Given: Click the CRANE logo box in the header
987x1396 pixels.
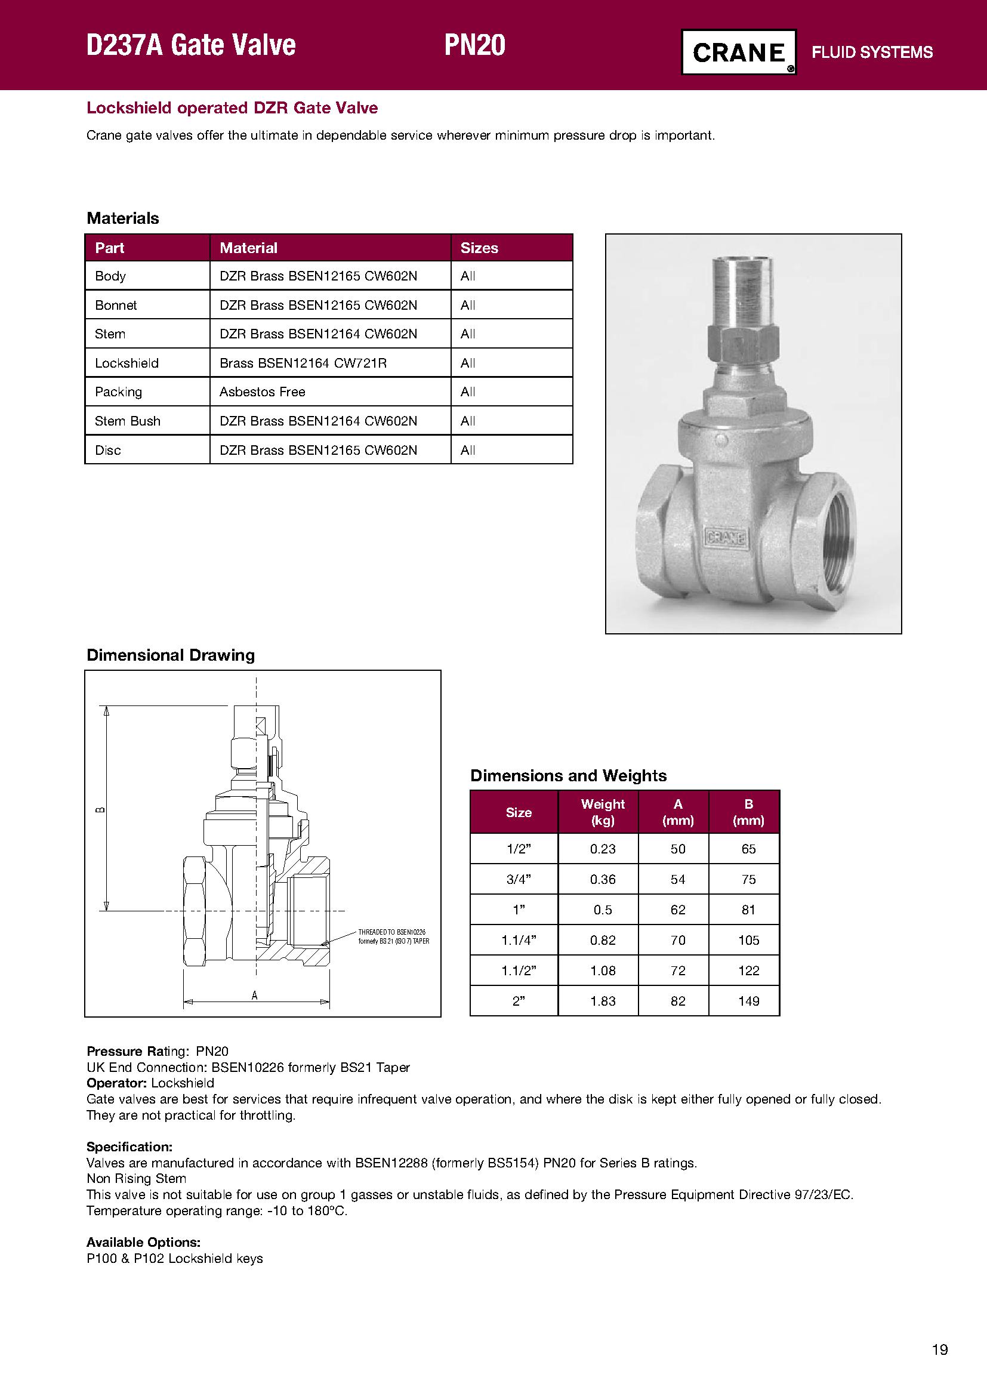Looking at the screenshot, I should coord(738,53).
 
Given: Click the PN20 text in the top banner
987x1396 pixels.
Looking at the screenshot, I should coord(474,45).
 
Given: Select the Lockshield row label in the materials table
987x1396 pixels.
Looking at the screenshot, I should coord(127,363).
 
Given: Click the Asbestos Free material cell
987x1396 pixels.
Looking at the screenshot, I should coord(262,392).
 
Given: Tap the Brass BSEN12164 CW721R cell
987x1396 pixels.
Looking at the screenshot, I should coord(303,363).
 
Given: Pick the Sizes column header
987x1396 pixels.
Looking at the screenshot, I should coord(479,248).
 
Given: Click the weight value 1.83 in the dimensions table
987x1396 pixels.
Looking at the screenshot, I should coord(602,1001).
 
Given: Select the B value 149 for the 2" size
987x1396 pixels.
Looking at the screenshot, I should coord(748,1001).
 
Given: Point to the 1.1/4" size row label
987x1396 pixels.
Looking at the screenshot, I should coord(519,940).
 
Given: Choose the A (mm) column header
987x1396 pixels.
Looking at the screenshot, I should coord(678,812).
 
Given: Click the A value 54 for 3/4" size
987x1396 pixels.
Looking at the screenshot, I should coord(678,879).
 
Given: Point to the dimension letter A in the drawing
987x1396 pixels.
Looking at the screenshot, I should coord(255,996).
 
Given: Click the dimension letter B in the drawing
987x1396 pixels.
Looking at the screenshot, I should coord(101,809).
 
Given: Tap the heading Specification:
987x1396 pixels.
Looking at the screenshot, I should coord(129,1147).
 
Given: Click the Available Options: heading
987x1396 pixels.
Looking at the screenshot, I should coord(143,1242).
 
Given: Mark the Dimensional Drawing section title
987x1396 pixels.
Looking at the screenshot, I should coord(171,655).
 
